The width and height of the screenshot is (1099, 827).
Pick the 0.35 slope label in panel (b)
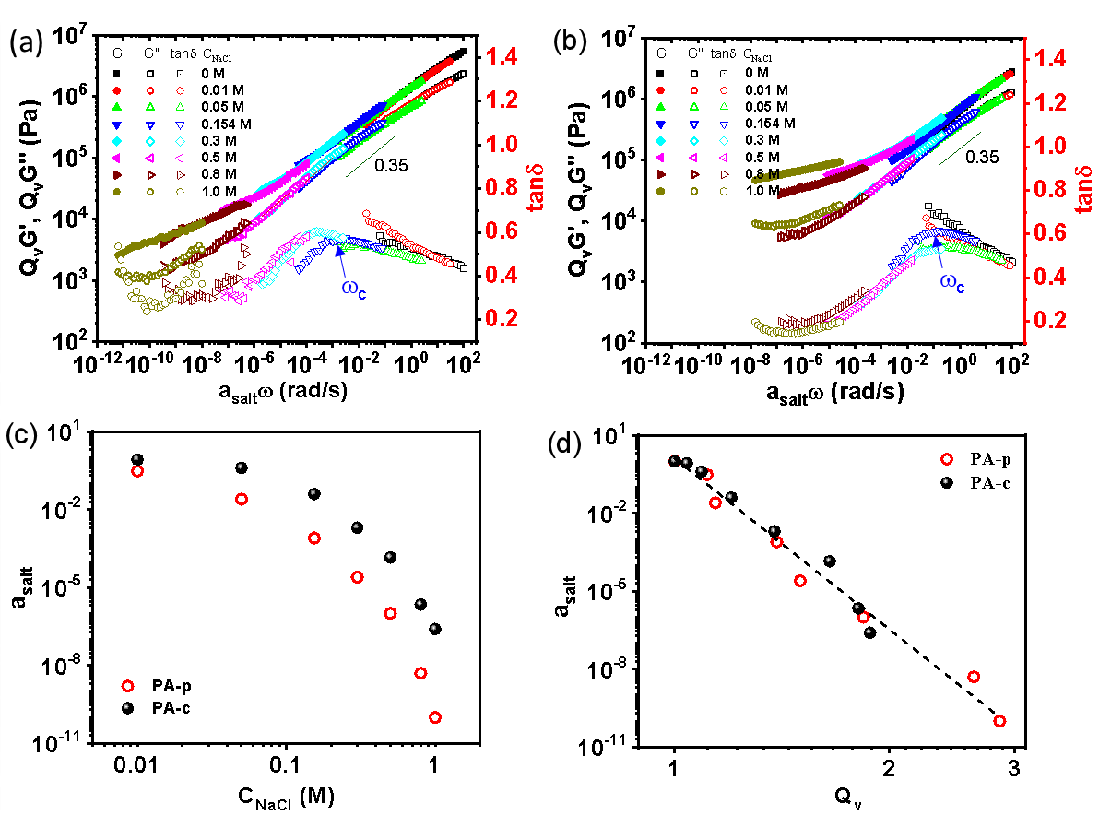(982, 157)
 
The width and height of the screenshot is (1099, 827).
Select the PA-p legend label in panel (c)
(169, 686)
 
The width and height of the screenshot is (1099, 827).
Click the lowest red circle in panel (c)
(434, 717)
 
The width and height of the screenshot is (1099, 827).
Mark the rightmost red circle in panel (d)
(999, 721)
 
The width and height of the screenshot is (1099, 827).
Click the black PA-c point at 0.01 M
(137, 459)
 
